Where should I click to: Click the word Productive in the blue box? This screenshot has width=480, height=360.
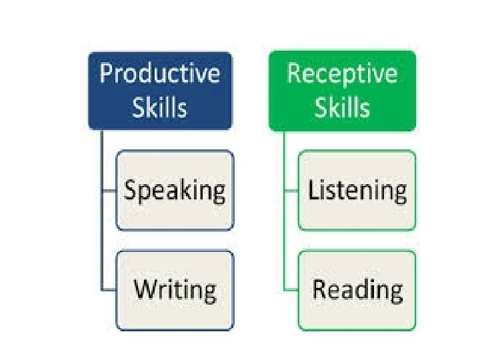tap(159, 73)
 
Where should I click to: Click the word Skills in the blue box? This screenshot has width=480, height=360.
tap(159, 107)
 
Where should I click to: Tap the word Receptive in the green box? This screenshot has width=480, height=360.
tap(341, 73)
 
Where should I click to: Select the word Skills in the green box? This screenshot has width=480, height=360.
tap(341, 107)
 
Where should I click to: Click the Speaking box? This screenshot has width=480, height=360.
tap(175, 191)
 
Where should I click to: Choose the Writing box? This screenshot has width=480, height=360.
tap(175, 290)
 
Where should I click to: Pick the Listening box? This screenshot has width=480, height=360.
tap(357, 191)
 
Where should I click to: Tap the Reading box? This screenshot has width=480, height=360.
tap(357, 290)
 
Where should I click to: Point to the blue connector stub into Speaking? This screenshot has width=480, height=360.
tap(109, 191)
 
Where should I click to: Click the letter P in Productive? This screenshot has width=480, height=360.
tap(106, 73)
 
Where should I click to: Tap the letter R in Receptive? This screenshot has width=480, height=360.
tap(294, 73)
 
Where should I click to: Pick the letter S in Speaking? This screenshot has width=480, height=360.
tap(131, 191)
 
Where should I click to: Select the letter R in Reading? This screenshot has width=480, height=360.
tap(320, 289)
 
